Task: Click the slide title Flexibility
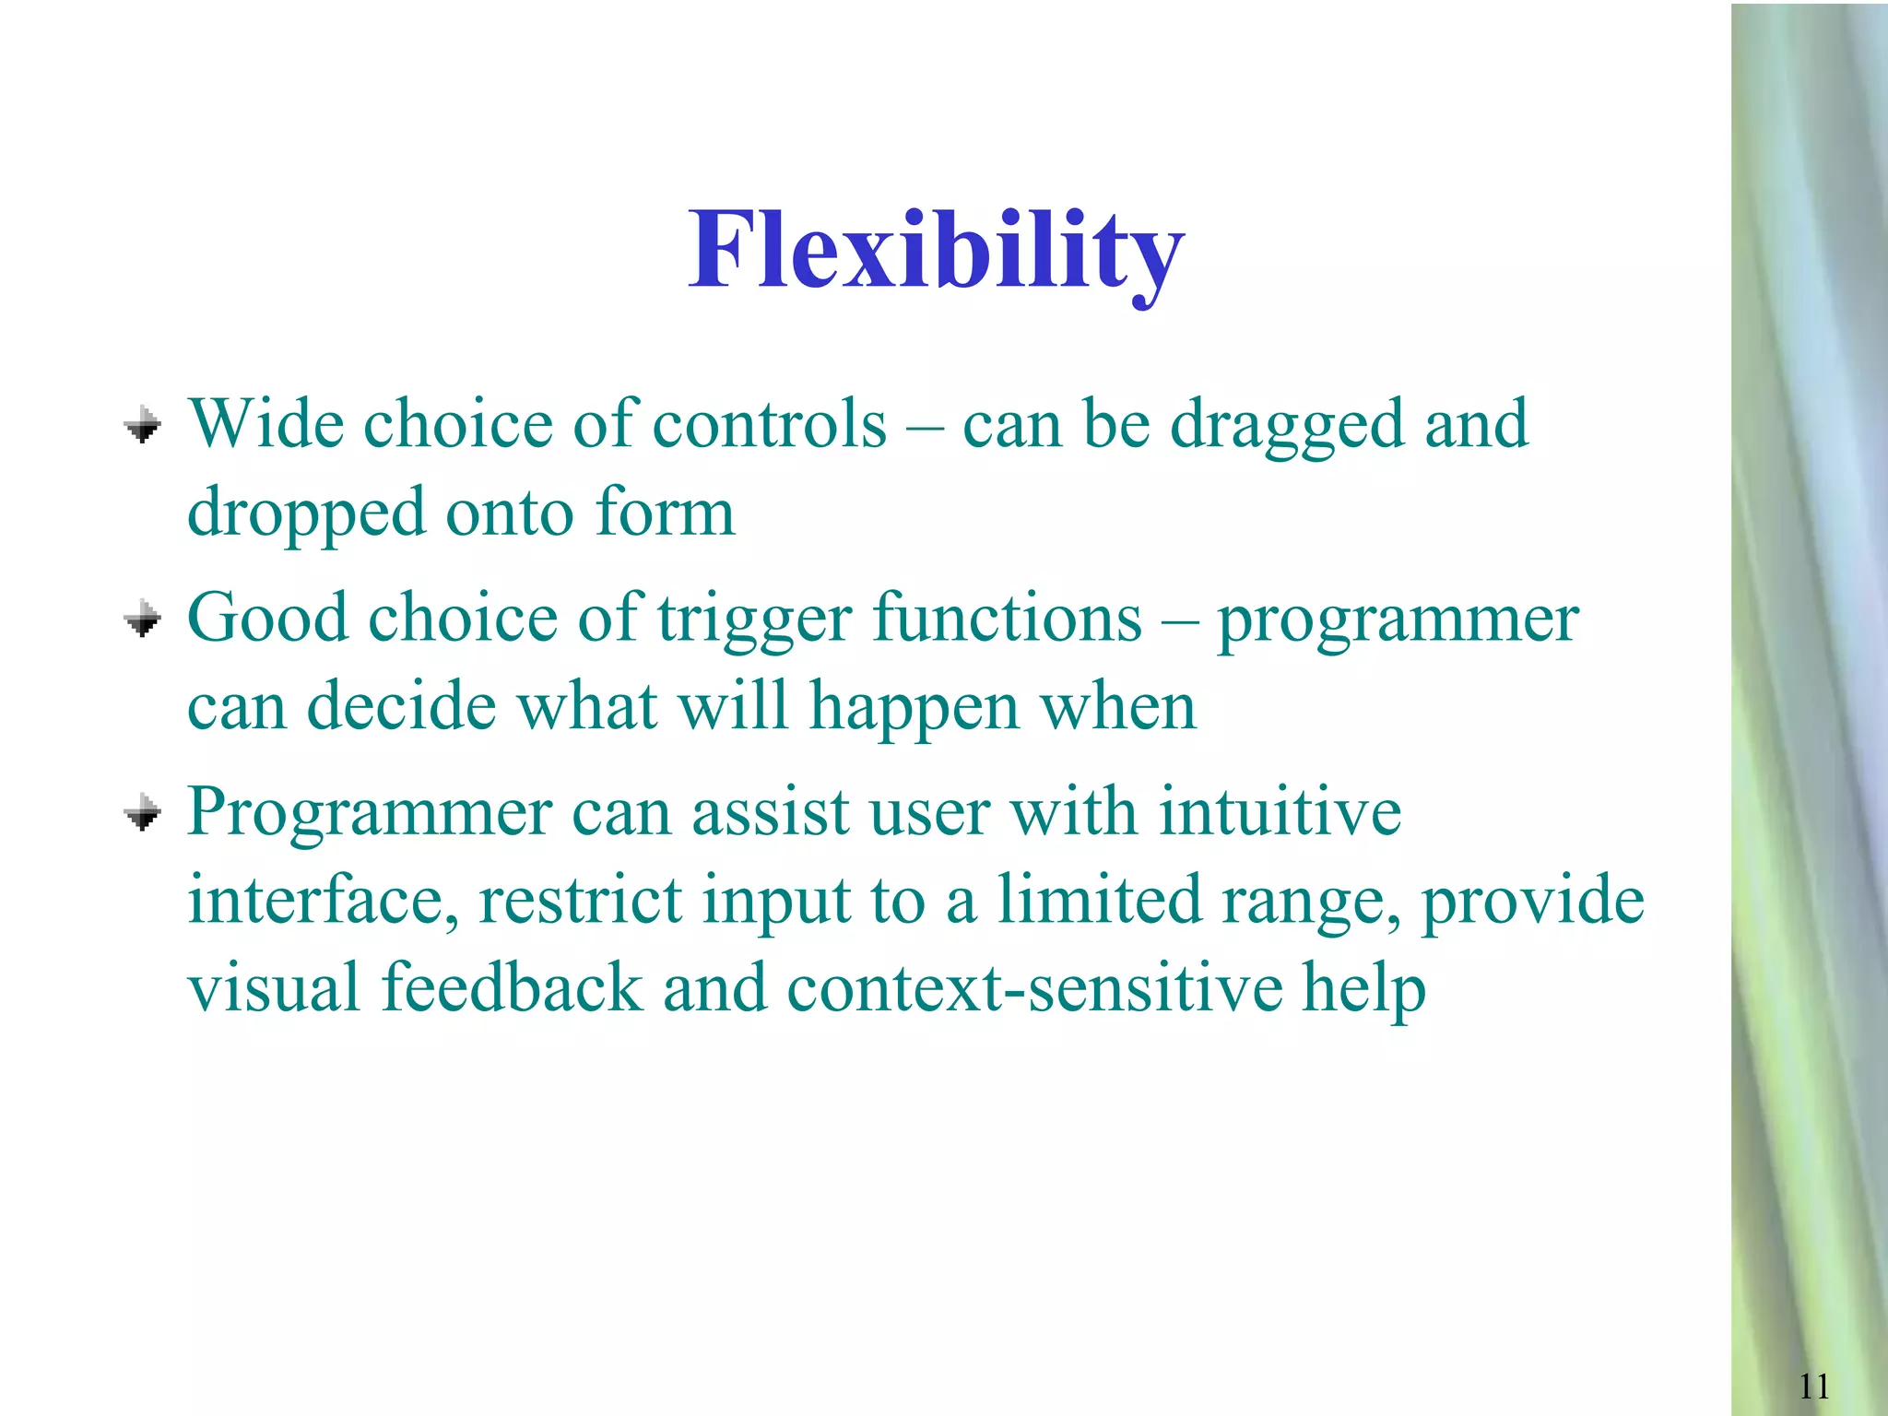click(x=936, y=251)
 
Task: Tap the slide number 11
click(x=1813, y=1386)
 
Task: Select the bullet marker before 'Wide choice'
click(x=143, y=426)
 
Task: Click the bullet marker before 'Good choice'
click(x=143, y=619)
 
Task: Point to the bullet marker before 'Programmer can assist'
click(x=143, y=813)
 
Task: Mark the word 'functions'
click(x=1007, y=618)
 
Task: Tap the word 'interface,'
click(x=323, y=900)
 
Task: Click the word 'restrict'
click(x=581, y=900)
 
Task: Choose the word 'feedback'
click(x=511, y=987)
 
